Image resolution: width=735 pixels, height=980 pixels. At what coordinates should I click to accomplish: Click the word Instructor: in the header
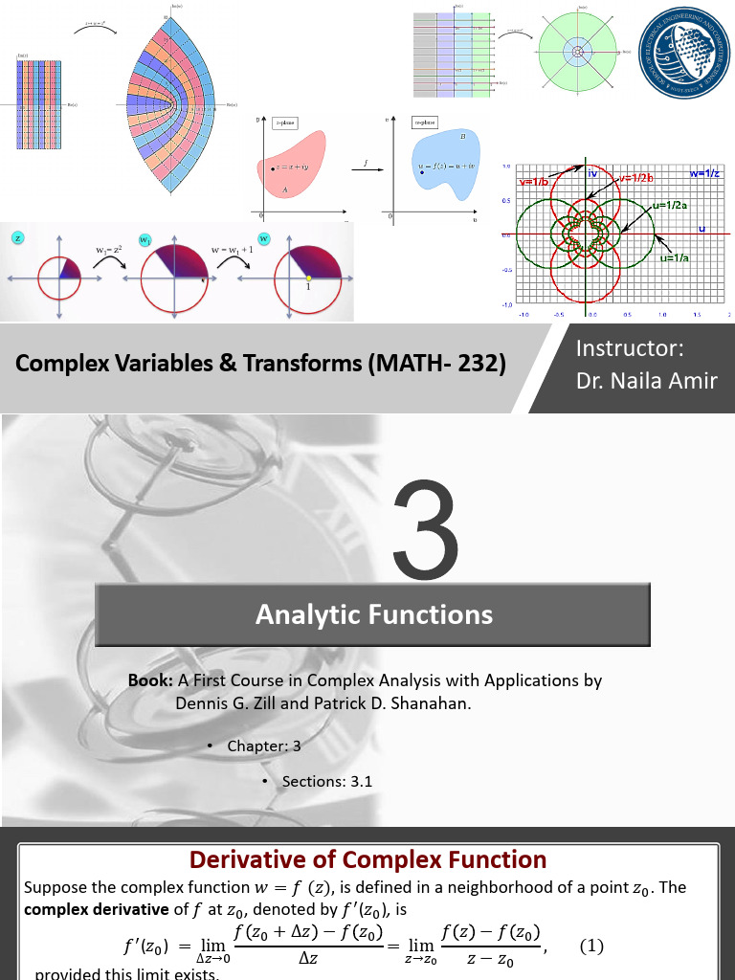point(629,348)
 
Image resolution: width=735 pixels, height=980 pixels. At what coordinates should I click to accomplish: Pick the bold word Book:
point(149,680)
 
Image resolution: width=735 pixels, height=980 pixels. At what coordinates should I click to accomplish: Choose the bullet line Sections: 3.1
point(326,781)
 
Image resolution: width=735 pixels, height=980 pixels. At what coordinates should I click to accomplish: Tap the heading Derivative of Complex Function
point(367,858)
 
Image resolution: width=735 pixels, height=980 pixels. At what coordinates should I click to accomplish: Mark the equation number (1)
point(591,946)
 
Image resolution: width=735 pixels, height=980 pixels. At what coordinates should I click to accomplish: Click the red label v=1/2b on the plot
point(635,179)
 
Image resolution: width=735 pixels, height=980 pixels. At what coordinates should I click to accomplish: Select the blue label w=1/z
point(707,173)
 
